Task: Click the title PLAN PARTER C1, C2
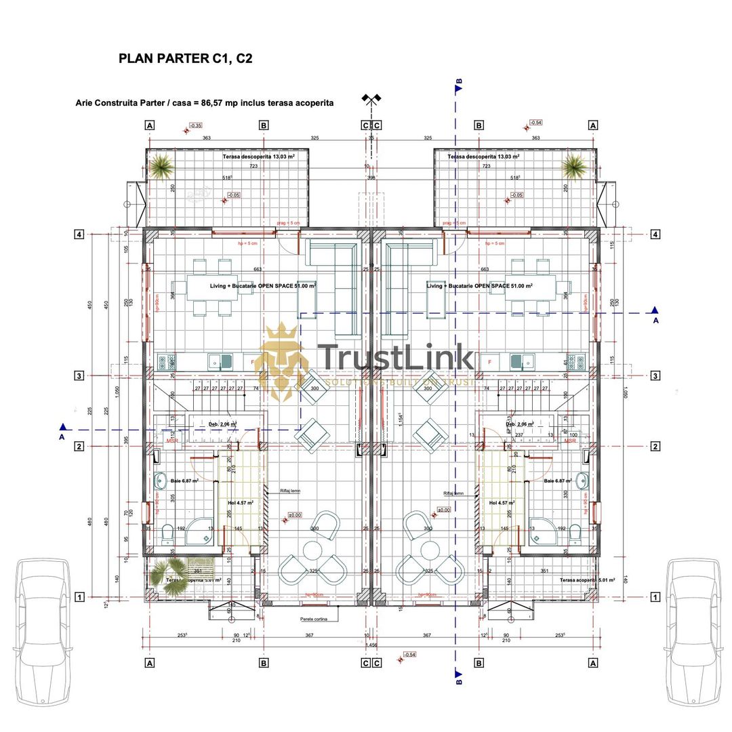pyautogui.click(x=185, y=58)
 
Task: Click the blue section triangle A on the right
pyautogui.click(x=655, y=311)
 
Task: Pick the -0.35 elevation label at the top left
pyautogui.click(x=195, y=125)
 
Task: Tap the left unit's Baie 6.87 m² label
pyautogui.click(x=184, y=481)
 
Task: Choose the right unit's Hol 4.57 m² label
pyautogui.click(x=502, y=503)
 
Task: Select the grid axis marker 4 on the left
pyautogui.click(x=79, y=235)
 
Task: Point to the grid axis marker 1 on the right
pyautogui.click(x=655, y=597)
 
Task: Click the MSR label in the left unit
pyautogui.click(x=172, y=441)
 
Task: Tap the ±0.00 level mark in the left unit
pyautogui.click(x=295, y=515)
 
